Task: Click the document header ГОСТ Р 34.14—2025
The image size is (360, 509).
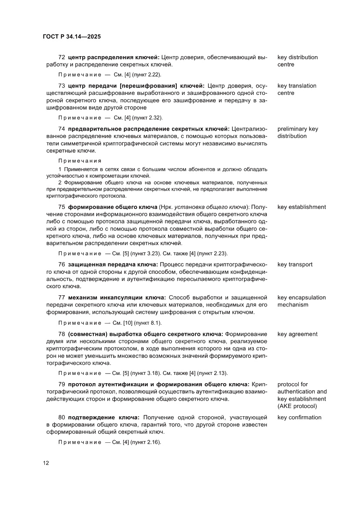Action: [x=72, y=37]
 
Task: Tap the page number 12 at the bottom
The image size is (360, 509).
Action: [x=46, y=463]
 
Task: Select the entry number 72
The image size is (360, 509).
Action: [x=62, y=57]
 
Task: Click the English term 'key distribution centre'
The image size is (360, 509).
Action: [x=297, y=61]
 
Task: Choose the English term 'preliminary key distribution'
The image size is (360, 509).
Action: [x=298, y=132]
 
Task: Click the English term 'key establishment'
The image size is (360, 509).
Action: [x=301, y=207]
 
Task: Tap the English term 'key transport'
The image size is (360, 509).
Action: [x=295, y=264]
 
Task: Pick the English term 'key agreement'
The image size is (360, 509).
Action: [x=297, y=334]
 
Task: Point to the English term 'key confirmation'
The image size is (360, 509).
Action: [x=299, y=418]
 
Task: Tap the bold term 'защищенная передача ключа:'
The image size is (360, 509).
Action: [x=113, y=264]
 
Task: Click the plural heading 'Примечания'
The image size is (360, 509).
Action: [x=80, y=160]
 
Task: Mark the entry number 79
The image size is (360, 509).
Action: [x=62, y=384]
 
